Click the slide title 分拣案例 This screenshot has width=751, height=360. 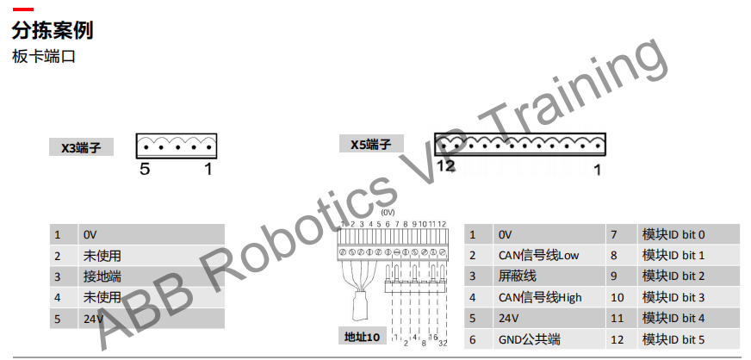point(53,31)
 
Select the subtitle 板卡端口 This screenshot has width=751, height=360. point(44,58)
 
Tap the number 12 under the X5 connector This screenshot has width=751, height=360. point(444,166)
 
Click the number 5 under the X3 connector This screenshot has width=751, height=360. point(145,169)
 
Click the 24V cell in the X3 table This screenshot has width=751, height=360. point(92,319)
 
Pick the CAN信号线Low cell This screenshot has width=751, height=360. point(538,255)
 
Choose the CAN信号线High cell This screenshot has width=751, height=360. point(540,297)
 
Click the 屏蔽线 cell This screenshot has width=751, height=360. point(517,276)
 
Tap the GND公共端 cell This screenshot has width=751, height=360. point(528,339)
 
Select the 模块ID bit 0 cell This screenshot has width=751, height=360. point(673,234)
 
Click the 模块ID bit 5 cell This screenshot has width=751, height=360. point(673,339)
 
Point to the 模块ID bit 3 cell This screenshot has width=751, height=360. point(673,297)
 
